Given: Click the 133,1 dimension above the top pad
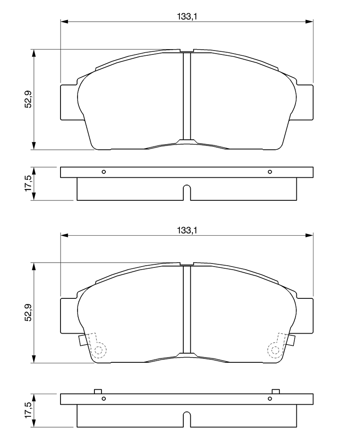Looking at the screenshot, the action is [x=187, y=17].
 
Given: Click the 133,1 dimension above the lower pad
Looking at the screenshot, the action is [x=187, y=230].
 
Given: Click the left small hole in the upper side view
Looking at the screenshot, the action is [x=104, y=172].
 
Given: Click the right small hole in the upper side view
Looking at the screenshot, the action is [x=270, y=172].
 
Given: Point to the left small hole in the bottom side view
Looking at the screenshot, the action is [x=104, y=399].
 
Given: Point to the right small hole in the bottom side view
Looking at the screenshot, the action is [x=270, y=399].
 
